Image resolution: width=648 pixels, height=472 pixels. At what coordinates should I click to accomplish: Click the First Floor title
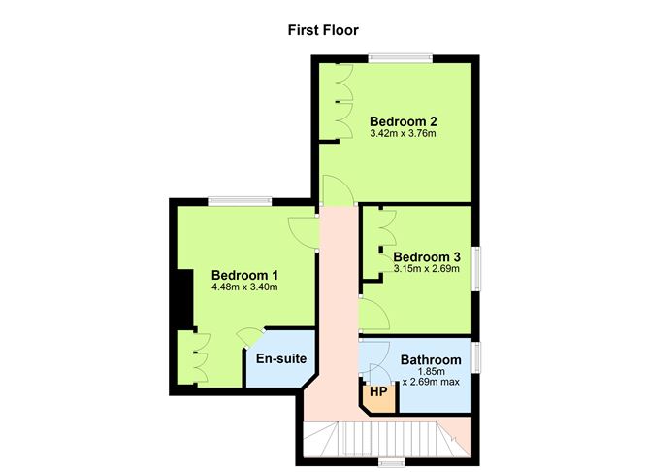pyautogui.click(x=323, y=29)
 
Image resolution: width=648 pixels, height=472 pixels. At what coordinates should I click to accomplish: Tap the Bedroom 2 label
pyautogui.click(x=404, y=121)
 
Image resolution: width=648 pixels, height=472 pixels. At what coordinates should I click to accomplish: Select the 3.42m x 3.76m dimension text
pyautogui.click(x=404, y=133)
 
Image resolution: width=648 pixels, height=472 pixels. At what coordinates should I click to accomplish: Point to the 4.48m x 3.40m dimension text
pyautogui.click(x=245, y=287)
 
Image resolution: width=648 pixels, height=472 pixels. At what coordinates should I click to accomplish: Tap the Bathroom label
pyautogui.click(x=431, y=360)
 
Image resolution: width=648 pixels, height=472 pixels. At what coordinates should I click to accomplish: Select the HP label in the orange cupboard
pyautogui.click(x=378, y=392)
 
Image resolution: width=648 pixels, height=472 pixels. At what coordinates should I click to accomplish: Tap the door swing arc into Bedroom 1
pyautogui.click(x=303, y=231)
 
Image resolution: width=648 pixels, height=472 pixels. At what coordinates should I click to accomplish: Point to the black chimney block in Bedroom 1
pyautogui.click(x=179, y=301)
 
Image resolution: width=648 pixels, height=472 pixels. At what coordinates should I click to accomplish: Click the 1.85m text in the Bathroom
pyautogui.click(x=431, y=372)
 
